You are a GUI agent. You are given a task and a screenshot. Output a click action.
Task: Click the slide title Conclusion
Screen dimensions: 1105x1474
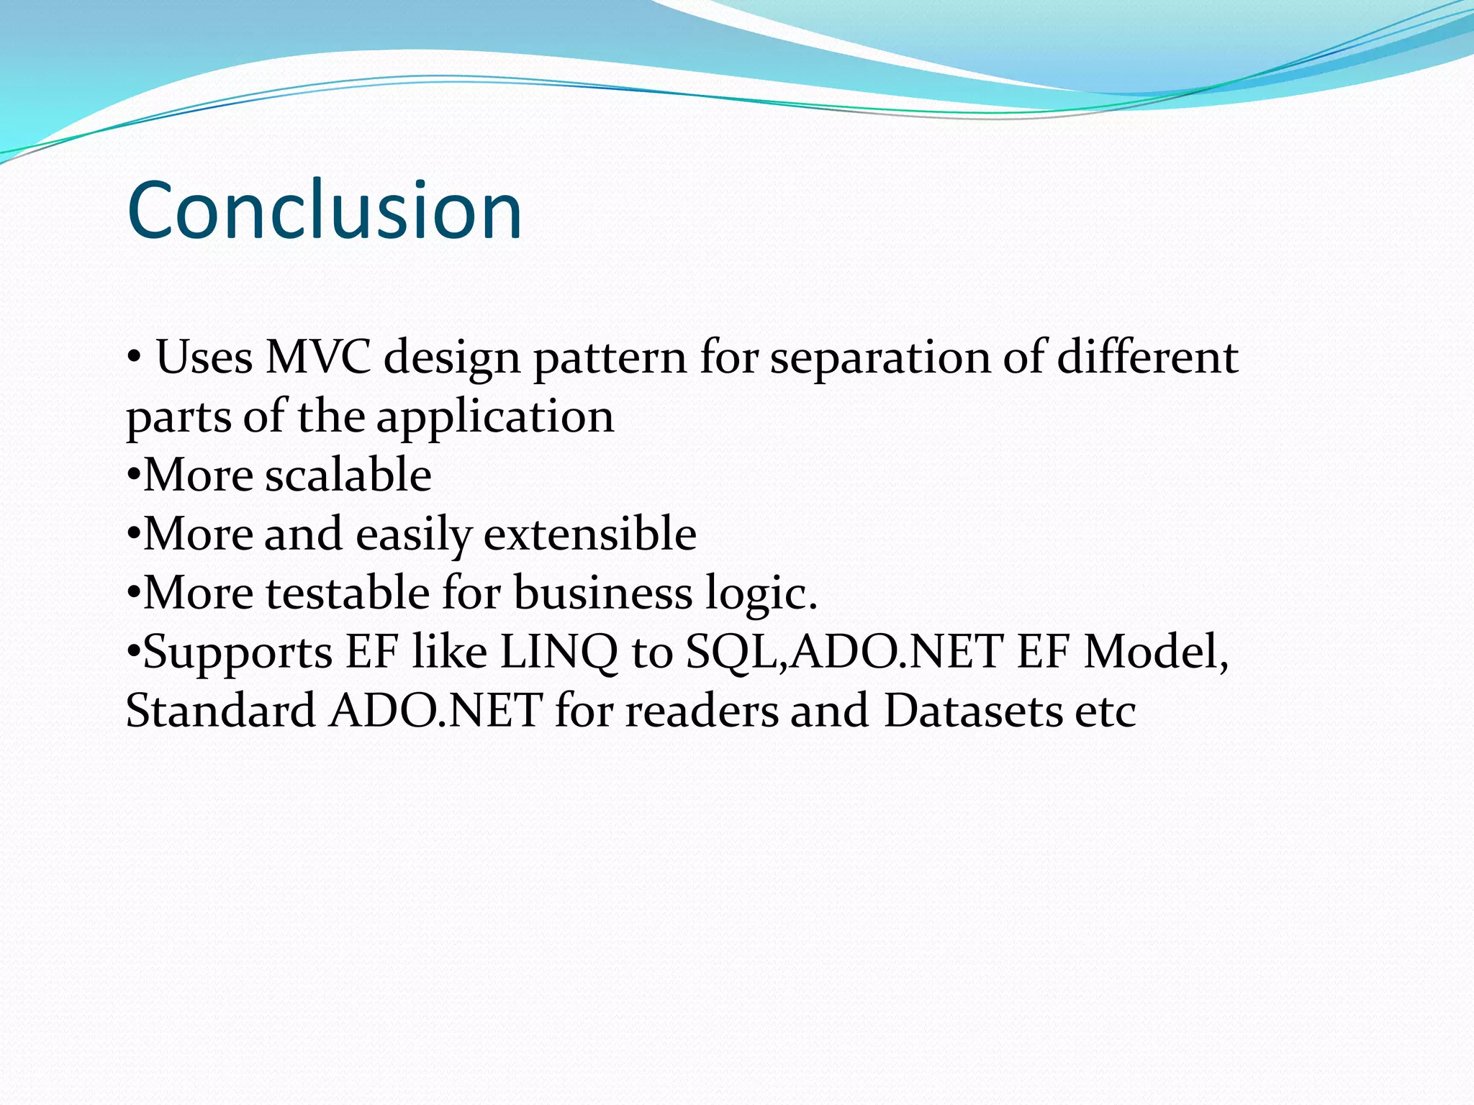(x=324, y=211)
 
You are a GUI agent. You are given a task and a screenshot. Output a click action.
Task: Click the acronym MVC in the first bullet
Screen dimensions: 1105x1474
(x=318, y=358)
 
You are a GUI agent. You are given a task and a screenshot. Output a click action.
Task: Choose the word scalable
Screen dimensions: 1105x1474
(x=348, y=476)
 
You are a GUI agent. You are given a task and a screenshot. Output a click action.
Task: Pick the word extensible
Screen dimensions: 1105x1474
(x=590, y=535)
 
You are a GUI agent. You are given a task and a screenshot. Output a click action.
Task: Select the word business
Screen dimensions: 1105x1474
(x=603, y=594)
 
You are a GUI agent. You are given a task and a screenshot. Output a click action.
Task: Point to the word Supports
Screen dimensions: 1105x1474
(x=238, y=653)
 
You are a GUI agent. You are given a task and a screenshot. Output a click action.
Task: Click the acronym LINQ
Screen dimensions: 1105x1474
(x=559, y=652)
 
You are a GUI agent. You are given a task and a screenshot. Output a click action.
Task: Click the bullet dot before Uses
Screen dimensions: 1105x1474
(x=133, y=358)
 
